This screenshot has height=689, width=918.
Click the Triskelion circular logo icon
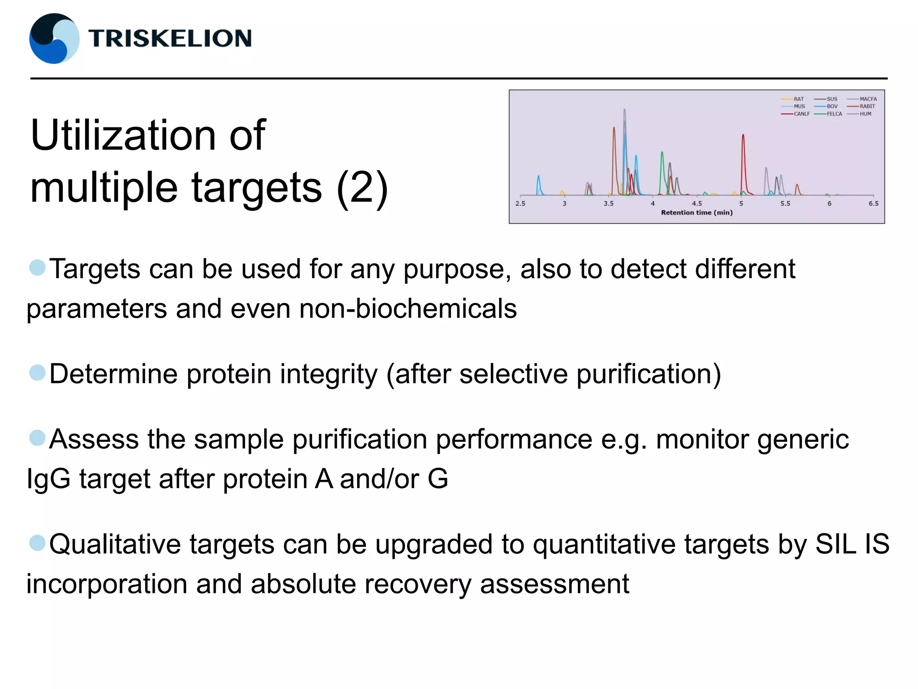[x=54, y=39]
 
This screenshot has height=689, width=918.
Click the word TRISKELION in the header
[x=170, y=38]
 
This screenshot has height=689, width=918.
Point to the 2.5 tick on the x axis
[x=520, y=203]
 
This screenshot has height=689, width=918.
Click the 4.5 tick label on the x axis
[x=697, y=203]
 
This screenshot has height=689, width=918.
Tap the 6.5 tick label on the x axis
[x=874, y=203]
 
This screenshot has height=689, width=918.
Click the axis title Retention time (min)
[x=697, y=213]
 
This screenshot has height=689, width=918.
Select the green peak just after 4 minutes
[x=662, y=166]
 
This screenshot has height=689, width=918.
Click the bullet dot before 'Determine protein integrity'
[x=37, y=373]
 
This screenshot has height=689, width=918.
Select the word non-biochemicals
[x=407, y=309]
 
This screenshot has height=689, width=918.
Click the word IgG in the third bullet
[x=48, y=479]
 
